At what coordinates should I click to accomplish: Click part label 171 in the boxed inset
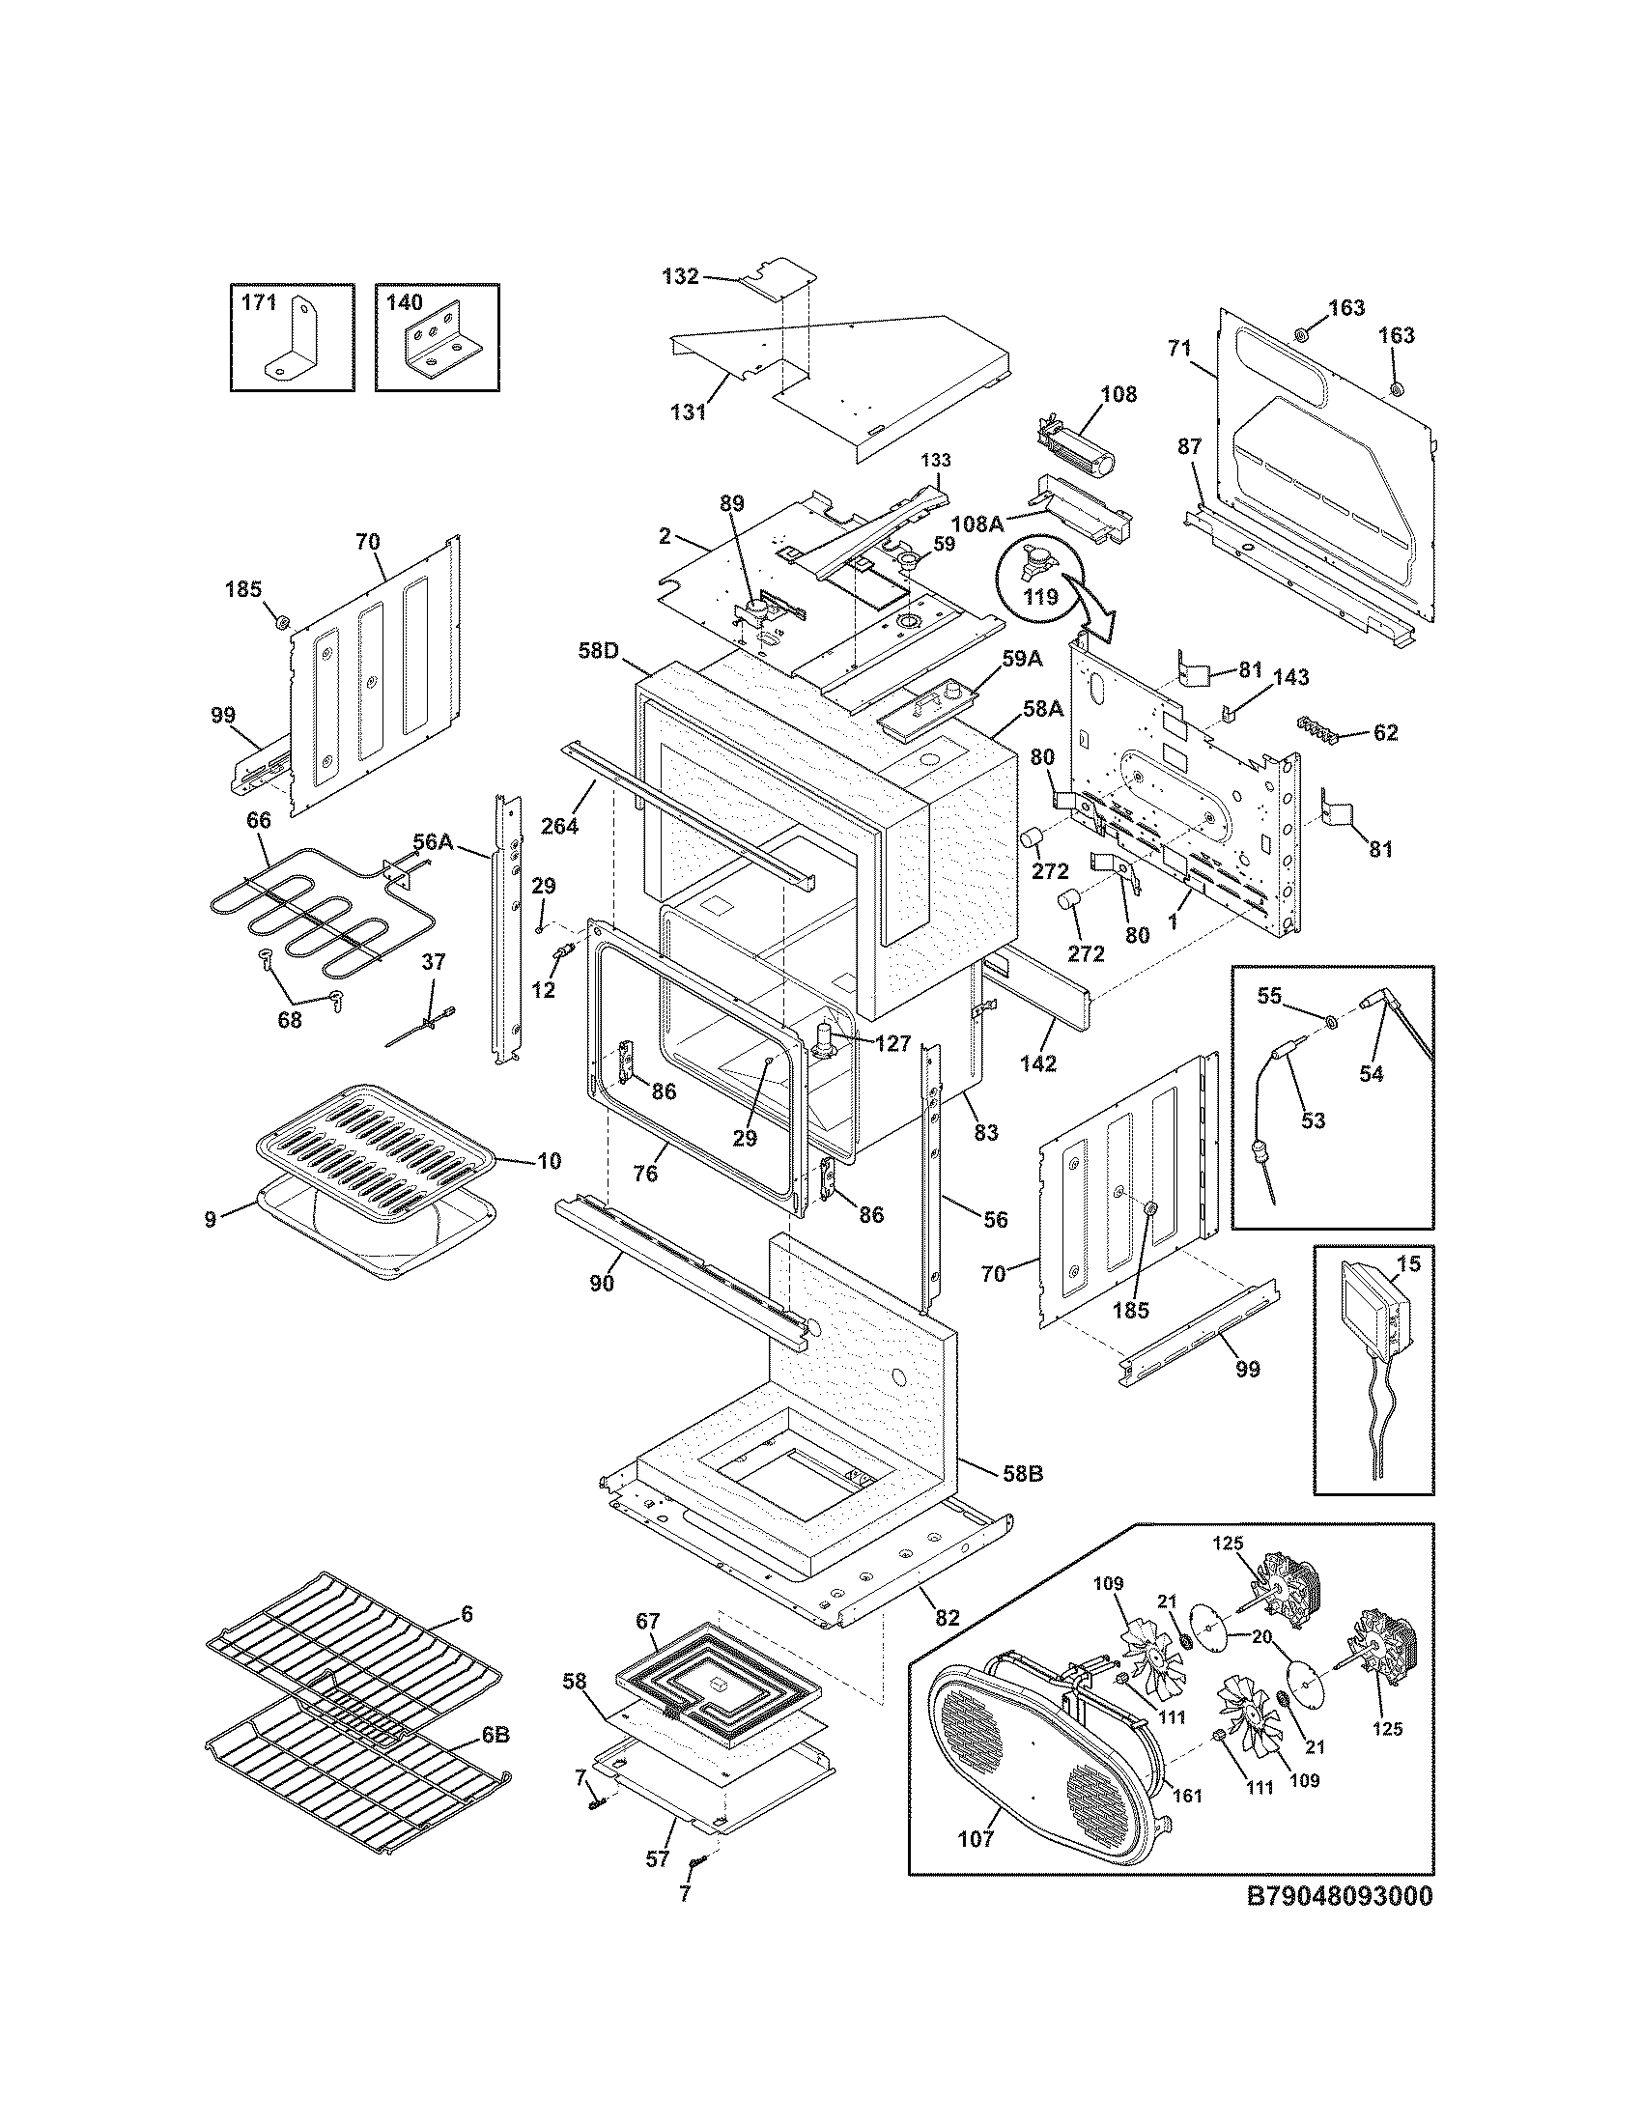coord(258,302)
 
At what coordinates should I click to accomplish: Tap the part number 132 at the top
coord(680,276)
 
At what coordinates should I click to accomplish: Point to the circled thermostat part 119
coord(1041,568)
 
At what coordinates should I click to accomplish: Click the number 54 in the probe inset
coord(1371,1074)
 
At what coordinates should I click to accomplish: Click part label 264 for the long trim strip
coord(560,825)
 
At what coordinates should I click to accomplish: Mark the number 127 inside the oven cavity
coord(892,1044)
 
